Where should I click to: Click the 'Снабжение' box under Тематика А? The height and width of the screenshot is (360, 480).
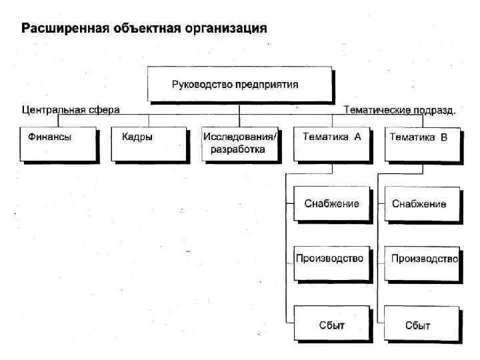click(331, 203)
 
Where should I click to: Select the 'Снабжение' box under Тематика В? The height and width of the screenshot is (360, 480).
click(422, 203)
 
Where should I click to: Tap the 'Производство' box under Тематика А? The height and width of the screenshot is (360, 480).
click(331, 257)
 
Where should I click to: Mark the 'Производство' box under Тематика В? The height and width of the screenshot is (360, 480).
click(422, 257)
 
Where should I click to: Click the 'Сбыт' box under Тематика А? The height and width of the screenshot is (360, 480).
click(331, 325)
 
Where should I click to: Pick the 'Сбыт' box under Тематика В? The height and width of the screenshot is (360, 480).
click(422, 325)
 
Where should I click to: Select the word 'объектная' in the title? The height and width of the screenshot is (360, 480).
click(143, 29)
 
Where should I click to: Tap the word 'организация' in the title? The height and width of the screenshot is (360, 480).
click(227, 29)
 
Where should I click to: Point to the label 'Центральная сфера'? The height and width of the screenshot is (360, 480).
click(71, 109)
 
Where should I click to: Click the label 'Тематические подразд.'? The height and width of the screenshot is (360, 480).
click(399, 110)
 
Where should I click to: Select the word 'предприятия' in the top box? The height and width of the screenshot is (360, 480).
click(271, 85)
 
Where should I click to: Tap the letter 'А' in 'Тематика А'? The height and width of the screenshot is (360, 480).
click(357, 137)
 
